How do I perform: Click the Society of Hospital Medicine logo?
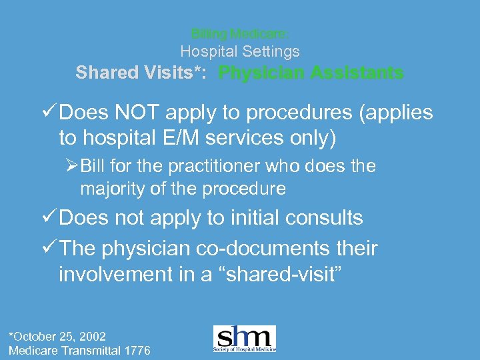coord(244,339)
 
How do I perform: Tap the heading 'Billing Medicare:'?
coord(240,33)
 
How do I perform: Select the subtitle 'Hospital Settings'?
coord(240,51)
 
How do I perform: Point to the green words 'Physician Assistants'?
coord(311,73)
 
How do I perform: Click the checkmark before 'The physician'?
coord(49,249)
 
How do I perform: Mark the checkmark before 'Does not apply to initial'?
coord(49,218)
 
